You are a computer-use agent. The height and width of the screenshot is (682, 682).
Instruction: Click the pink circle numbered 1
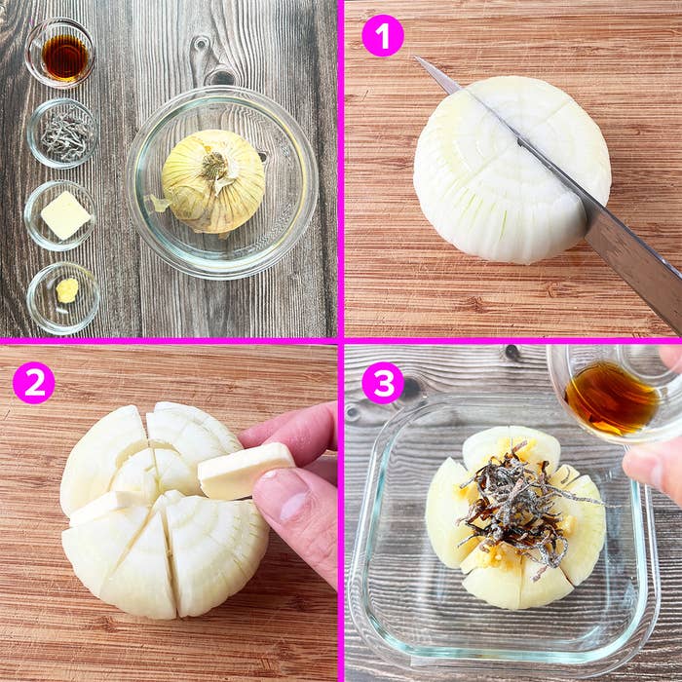tap(383, 35)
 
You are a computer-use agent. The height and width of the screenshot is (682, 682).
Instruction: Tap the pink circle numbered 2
tap(34, 383)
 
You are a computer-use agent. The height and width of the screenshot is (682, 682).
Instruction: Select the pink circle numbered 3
tap(383, 383)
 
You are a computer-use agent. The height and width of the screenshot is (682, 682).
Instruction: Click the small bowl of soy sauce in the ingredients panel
tap(60, 53)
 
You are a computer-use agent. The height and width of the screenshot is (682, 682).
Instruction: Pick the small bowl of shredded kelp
tap(63, 133)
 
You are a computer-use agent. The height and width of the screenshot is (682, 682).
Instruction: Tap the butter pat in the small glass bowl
tap(65, 215)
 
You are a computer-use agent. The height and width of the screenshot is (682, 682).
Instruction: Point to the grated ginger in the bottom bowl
tap(67, 290)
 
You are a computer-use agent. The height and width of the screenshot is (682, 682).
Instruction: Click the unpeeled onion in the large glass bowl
tap(213, 182)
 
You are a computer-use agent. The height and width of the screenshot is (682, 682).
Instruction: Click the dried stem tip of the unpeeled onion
tap(213, 165)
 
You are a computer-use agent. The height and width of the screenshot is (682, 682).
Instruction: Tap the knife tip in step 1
tap(414, 57)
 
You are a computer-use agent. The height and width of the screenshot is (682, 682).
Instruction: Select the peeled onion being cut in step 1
tap(511, 170)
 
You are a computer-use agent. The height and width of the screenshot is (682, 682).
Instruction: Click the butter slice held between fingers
tap(246, 470)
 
